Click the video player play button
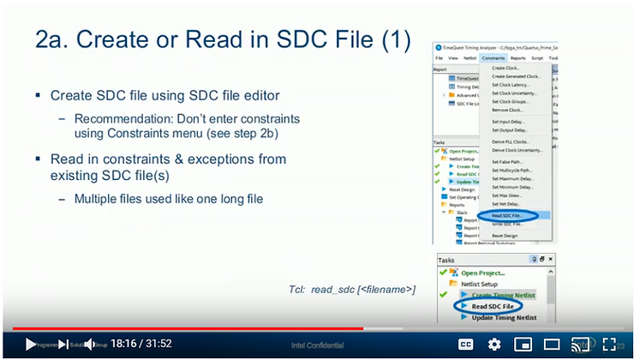(31, 344)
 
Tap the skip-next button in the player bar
(63, 344)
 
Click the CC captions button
(466, 344)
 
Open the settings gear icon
(494, 344)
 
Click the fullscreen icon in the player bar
(609, 344)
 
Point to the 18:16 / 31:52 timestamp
(141, 344)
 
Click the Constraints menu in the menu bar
(493, 57)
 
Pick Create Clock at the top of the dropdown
(505, 68)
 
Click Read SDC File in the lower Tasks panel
(493, 306)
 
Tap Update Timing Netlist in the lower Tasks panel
(504, 318)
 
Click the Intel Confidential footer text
(316, 345)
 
